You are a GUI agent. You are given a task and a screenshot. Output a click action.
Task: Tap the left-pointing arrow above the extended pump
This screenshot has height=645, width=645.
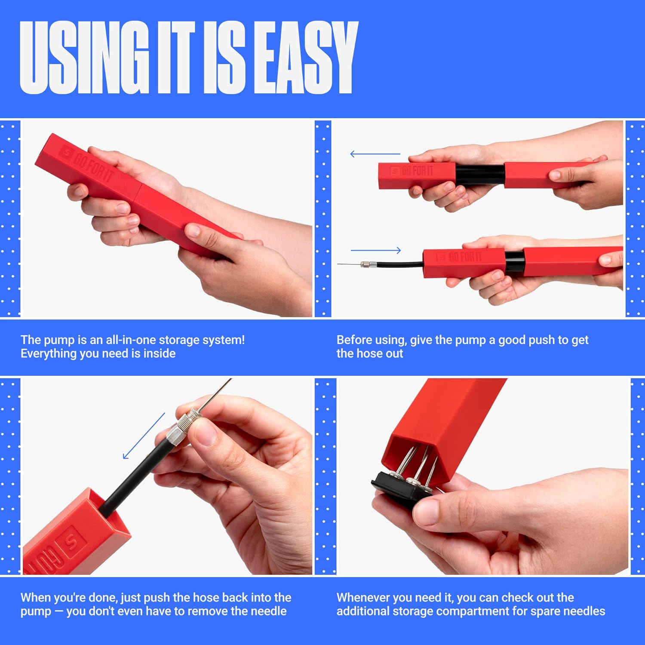click(x=375, y=154)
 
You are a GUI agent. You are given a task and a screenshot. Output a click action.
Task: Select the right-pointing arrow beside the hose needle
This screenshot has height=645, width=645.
click(x=376, y=250)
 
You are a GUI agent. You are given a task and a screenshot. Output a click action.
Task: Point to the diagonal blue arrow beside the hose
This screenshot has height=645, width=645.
click(x=144, y=436)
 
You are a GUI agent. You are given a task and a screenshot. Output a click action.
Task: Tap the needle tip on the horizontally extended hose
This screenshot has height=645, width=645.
click(x=338, y=264)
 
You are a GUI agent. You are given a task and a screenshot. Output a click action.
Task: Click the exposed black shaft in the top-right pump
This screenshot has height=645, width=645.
click(x=480, y=175)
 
